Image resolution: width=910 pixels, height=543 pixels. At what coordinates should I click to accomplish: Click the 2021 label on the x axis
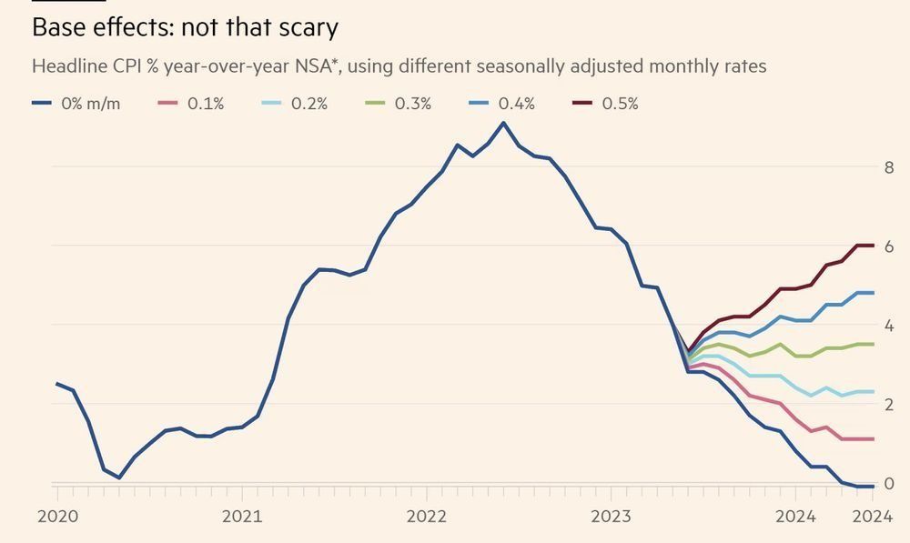coord(242,517)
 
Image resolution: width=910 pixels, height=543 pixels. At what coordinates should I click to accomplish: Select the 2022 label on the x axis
coord(426,517)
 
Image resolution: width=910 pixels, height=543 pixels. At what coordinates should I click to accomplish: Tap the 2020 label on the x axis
coord(57,517)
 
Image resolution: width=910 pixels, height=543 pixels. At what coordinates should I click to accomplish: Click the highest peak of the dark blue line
coord(503,123)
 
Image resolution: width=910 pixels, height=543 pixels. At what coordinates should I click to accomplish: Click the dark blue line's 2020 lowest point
coord(119,478)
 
